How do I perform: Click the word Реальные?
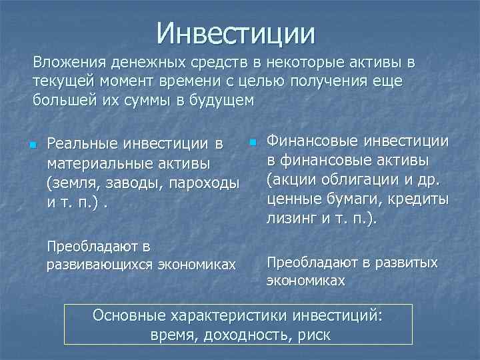(83, 145)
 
